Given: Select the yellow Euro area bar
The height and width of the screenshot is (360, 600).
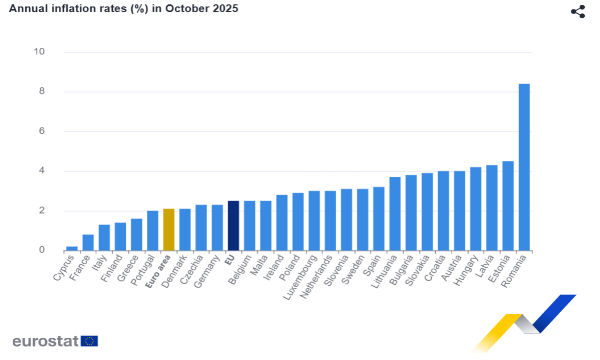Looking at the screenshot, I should pos(169,229).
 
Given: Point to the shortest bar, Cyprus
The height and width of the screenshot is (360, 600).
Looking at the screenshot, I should pos(72,248).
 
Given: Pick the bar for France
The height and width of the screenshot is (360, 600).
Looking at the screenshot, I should pos(88,242).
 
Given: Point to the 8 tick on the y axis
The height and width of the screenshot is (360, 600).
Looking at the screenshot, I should pos(42,92).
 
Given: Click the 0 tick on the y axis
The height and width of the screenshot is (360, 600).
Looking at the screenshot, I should pos(42,250).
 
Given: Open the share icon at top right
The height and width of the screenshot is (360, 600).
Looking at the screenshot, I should pos(578,11).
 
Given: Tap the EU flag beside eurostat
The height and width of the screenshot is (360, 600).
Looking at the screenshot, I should pos(89,341).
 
